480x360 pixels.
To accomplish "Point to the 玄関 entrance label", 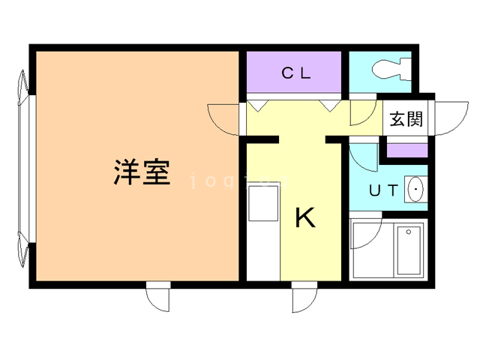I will [x=406, y=119].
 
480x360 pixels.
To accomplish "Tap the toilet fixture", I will [x=390, y=68].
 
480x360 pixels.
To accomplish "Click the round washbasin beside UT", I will [x=415, y=190].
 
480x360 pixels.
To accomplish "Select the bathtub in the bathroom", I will [x=409, y=250].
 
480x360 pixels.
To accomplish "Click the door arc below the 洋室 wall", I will [x=159, y=298].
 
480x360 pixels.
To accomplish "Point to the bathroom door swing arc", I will [x=366, y=235].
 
